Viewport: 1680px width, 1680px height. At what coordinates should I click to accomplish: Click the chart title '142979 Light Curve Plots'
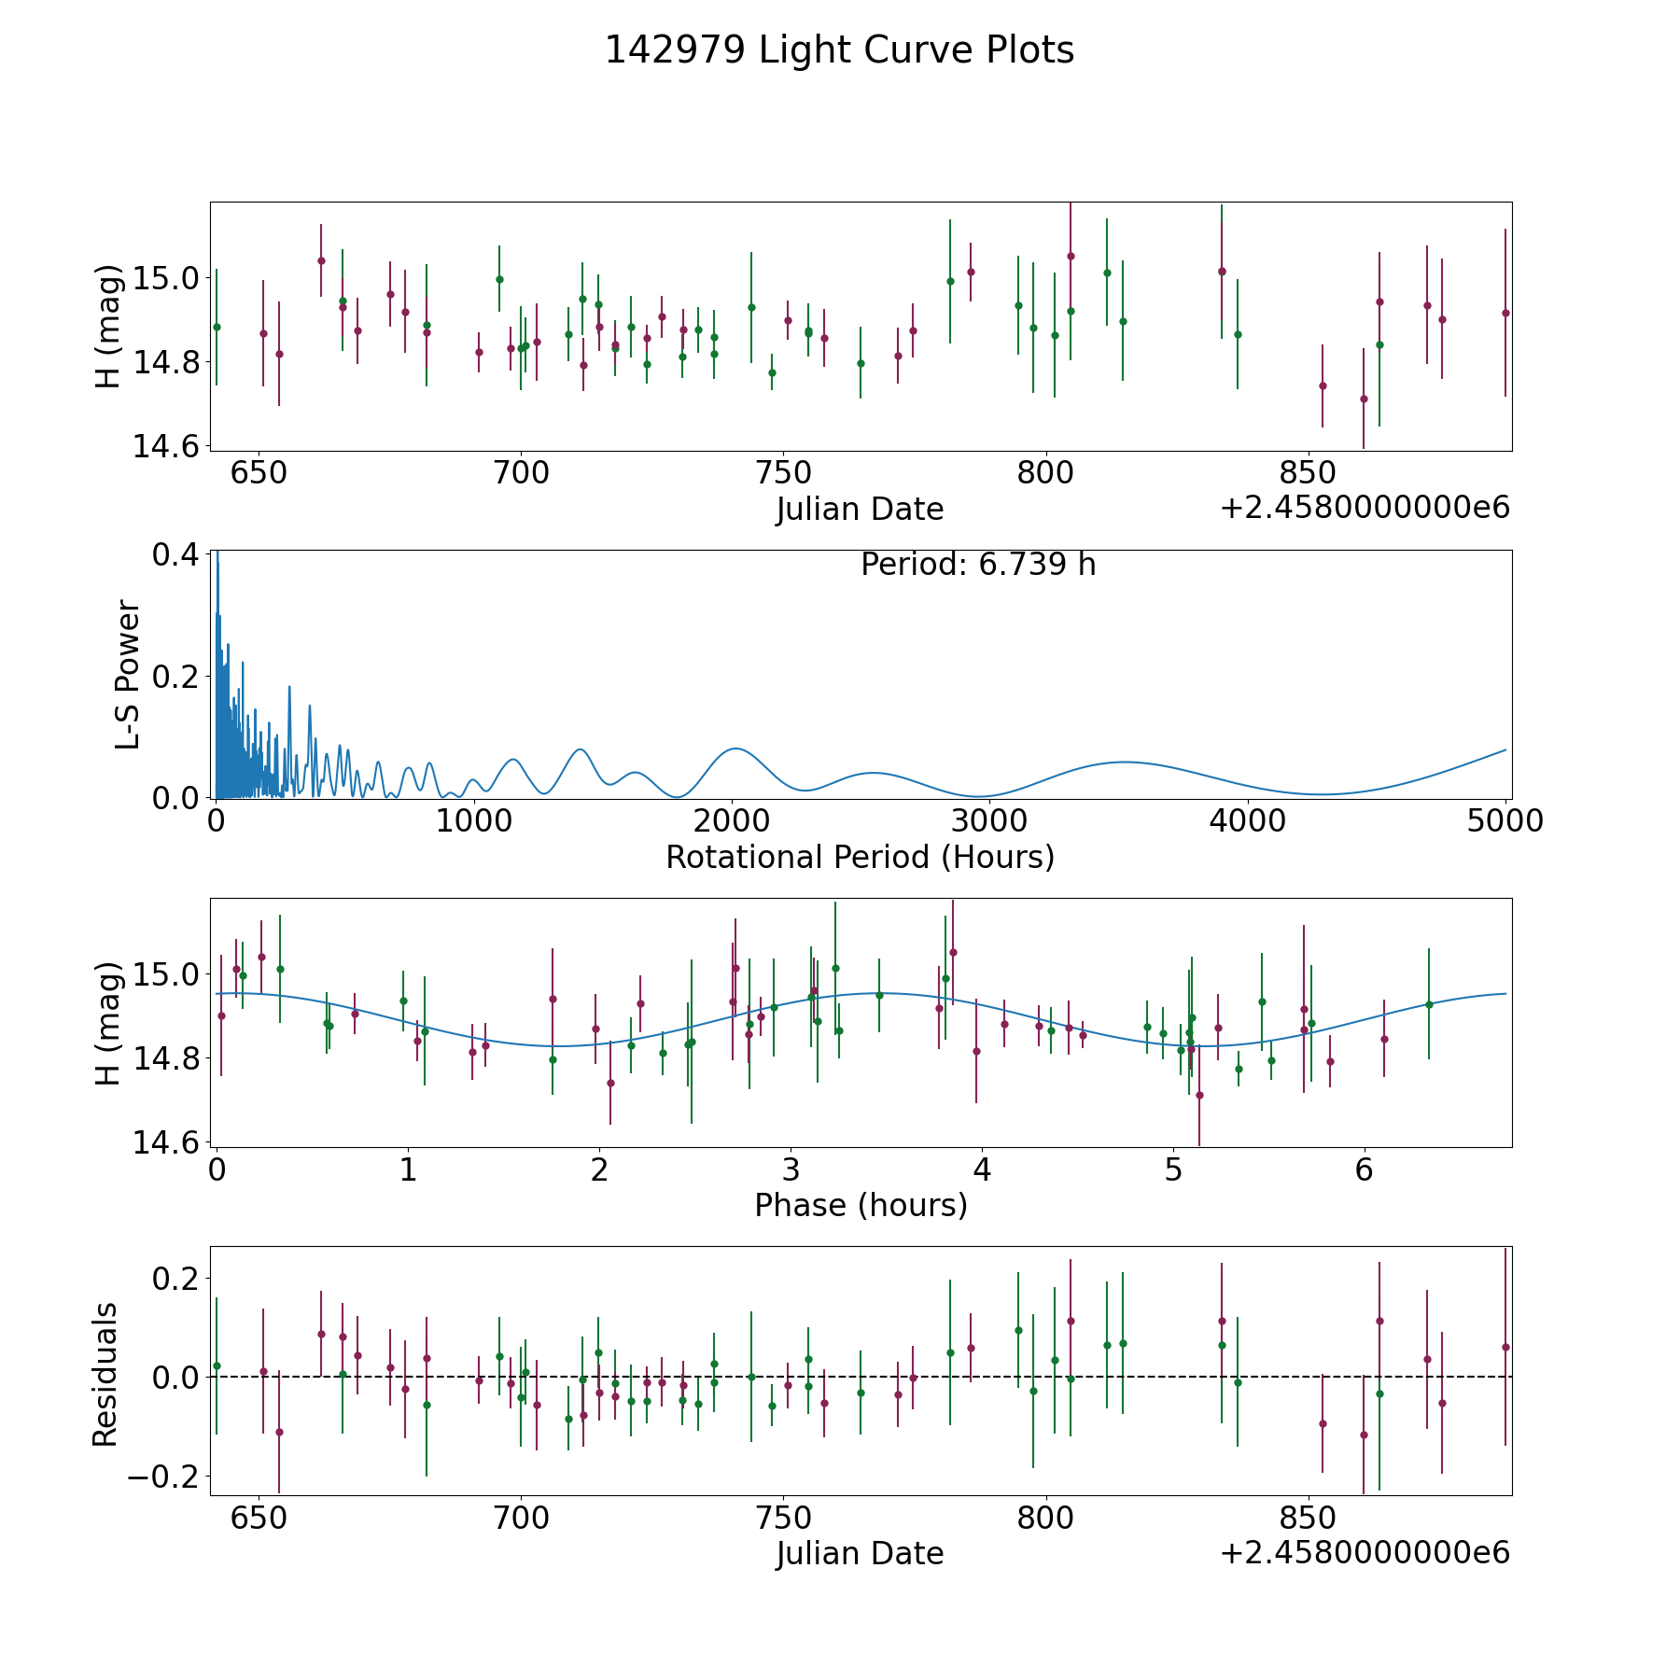[839, 50]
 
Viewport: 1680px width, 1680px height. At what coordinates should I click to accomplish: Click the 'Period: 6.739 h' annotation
[977, 565]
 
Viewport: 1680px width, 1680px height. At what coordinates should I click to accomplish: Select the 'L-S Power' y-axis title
[128, 675]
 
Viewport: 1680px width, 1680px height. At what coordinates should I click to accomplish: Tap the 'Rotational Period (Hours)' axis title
[860, 857]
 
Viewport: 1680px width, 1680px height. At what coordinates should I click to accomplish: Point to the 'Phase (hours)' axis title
[860, 1205]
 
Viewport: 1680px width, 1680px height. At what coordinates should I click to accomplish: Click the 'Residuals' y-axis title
[105, 1374]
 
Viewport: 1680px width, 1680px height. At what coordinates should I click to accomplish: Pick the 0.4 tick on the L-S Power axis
[175, 554]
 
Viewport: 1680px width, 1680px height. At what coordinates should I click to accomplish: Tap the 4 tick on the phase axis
[982, 1169]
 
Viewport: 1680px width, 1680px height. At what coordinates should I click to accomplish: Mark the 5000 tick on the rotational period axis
[1505, 821]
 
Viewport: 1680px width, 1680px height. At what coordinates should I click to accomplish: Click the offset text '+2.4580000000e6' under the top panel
[1365, 509]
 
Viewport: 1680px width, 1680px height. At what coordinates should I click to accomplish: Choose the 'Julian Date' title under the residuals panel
[860, 1554]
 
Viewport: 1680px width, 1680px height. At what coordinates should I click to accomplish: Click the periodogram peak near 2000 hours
[735, 749]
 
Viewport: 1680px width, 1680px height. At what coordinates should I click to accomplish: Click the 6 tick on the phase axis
[1365, 1169]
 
